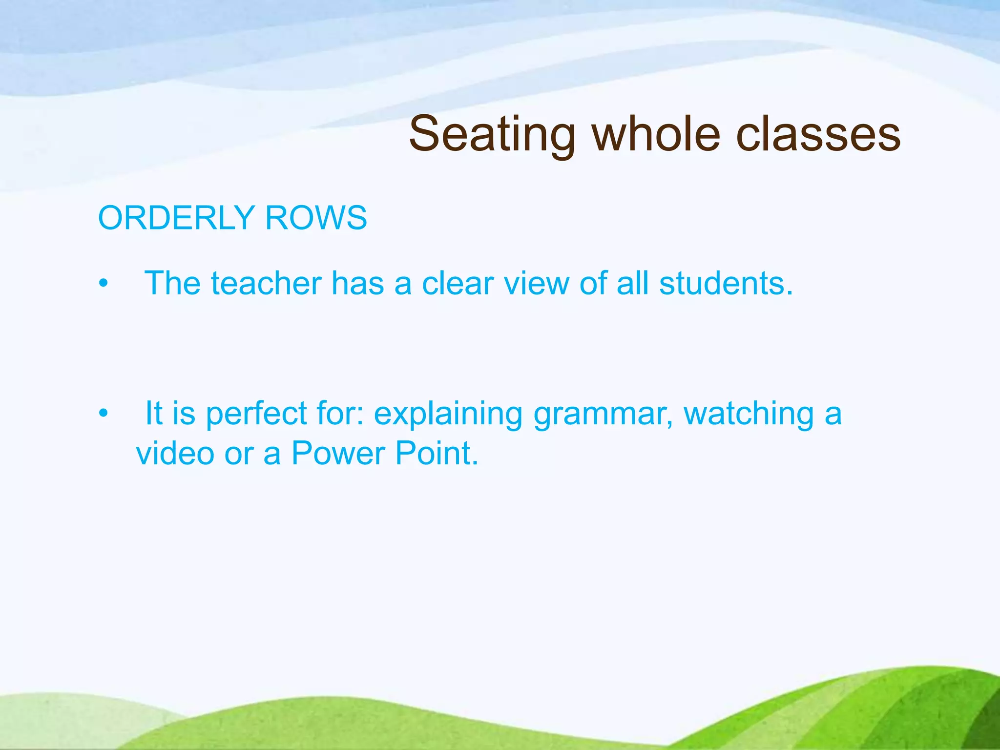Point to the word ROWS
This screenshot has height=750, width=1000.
pyautogui.click(x=316, y=218)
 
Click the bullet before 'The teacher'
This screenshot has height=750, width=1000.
pyautogui.click(x=103, y=284)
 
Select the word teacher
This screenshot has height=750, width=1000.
pyautogui.click(x=266, y=283)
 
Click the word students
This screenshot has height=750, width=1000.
pyautogui.click(x=726, y=283)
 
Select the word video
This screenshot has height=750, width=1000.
pyautogui.click(x=175, y=453)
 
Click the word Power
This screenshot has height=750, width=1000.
pyautogui.click(x=338, y=453)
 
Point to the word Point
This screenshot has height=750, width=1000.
pyautogui.click(x=437, y=453)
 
